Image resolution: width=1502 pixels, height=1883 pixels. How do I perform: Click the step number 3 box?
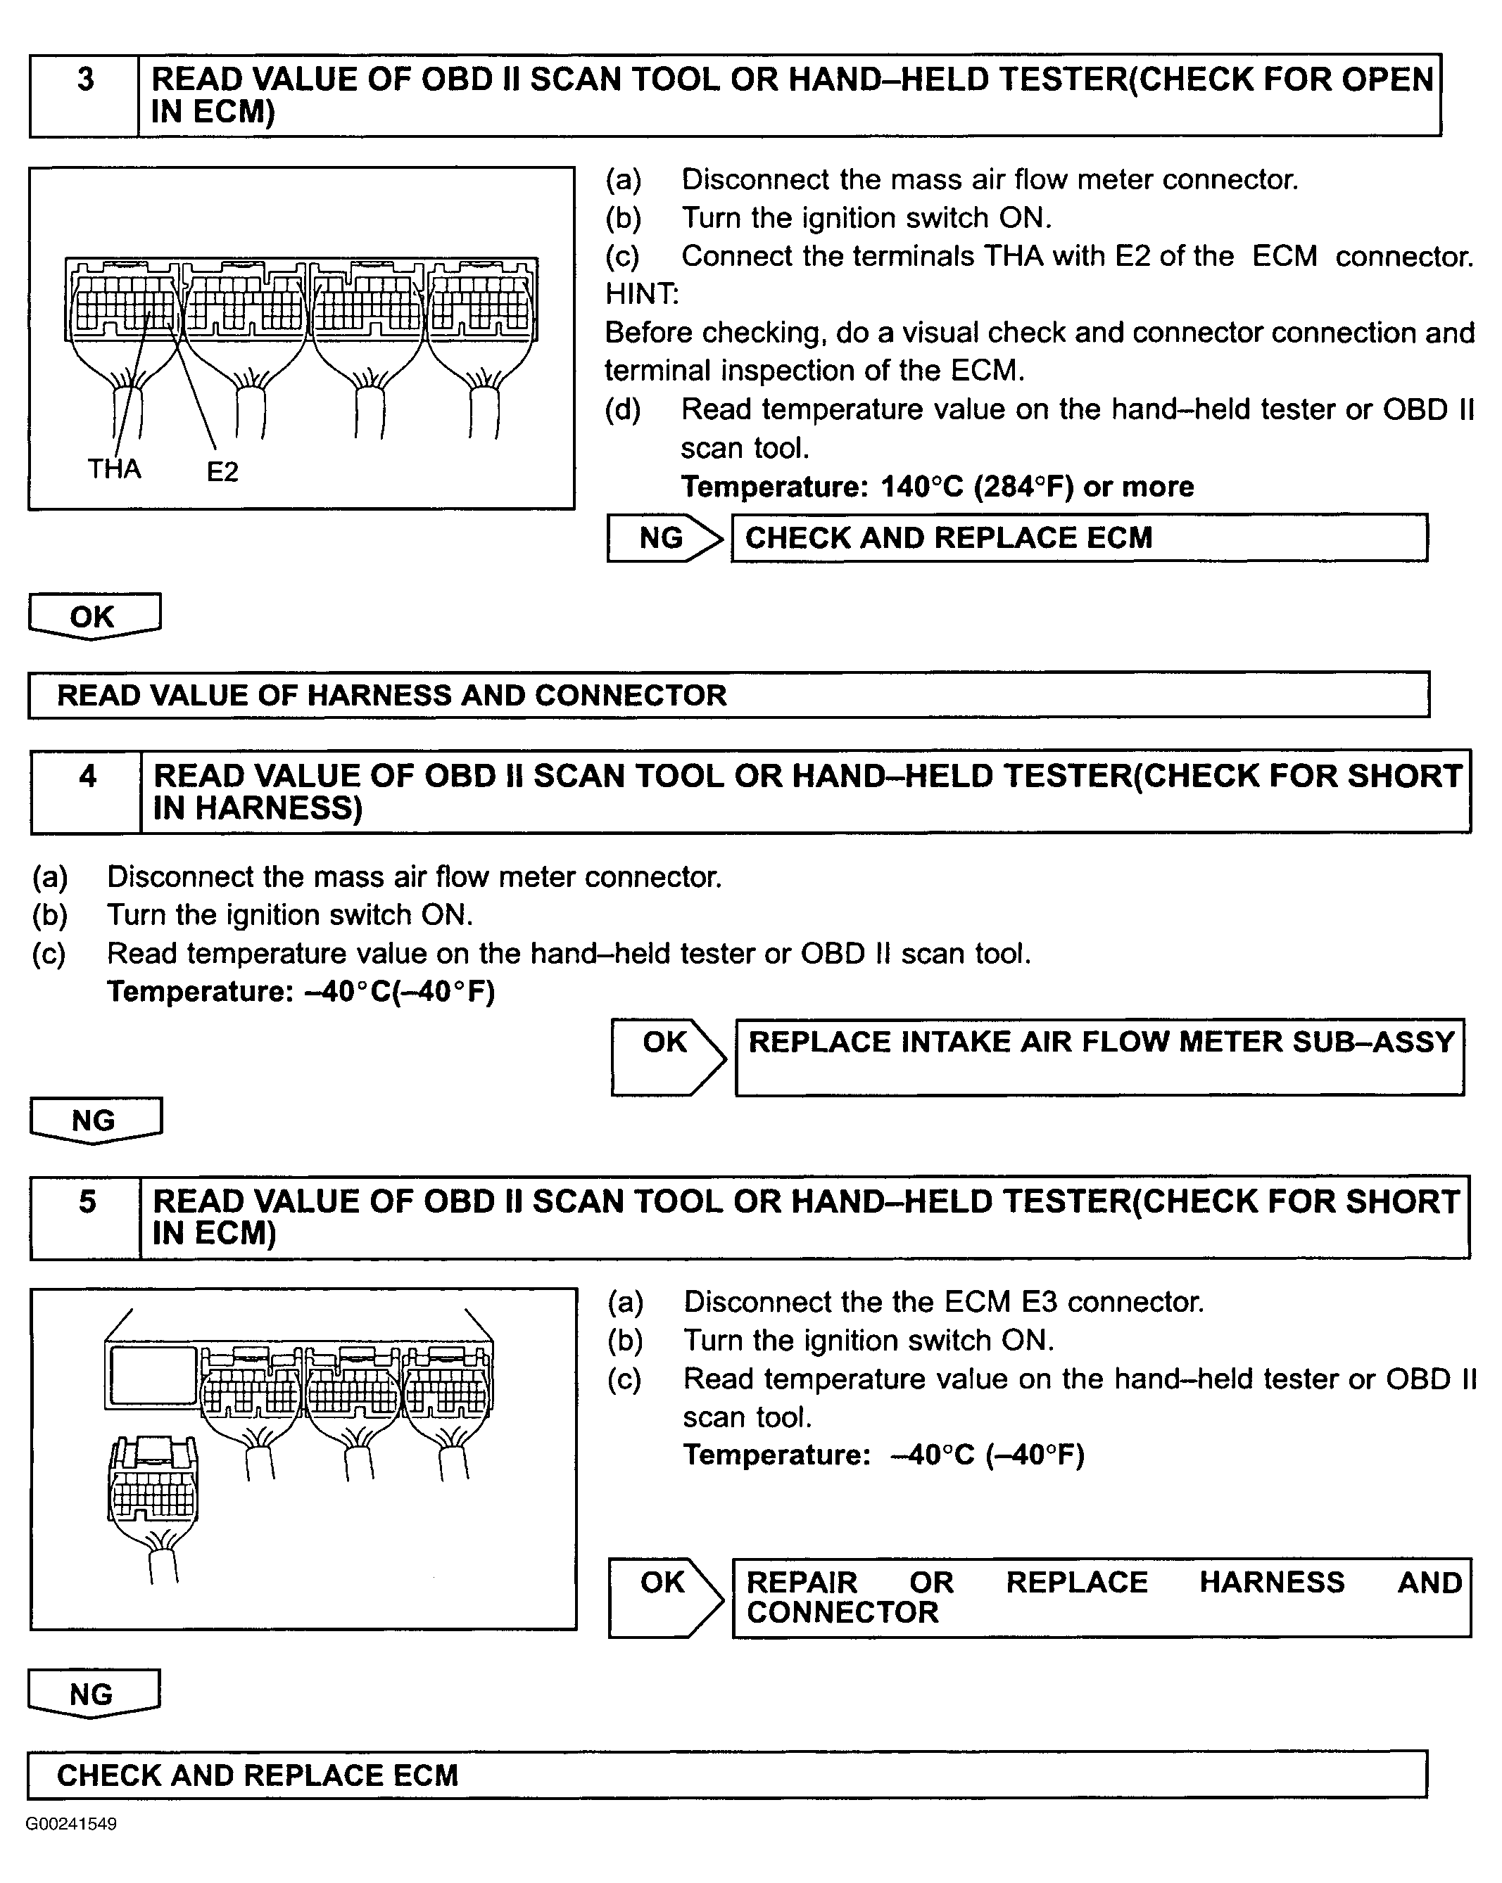pos(84,94)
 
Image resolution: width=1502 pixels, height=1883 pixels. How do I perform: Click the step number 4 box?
pos(87,791)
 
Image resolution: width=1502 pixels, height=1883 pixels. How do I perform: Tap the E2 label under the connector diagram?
pos(222,471)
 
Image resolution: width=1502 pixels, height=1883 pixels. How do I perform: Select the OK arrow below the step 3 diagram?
pos(94,615)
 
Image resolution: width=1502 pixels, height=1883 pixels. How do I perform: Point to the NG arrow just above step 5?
pos(94,1119)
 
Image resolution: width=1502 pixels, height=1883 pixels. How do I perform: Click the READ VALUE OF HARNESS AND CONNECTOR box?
pos(728,695)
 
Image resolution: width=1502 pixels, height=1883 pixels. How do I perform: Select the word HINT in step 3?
pos(641,293)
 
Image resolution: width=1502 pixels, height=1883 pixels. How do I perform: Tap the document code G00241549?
pos(71,1824)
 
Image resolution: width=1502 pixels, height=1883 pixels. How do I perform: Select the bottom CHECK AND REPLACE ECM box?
pos(726,1775)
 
